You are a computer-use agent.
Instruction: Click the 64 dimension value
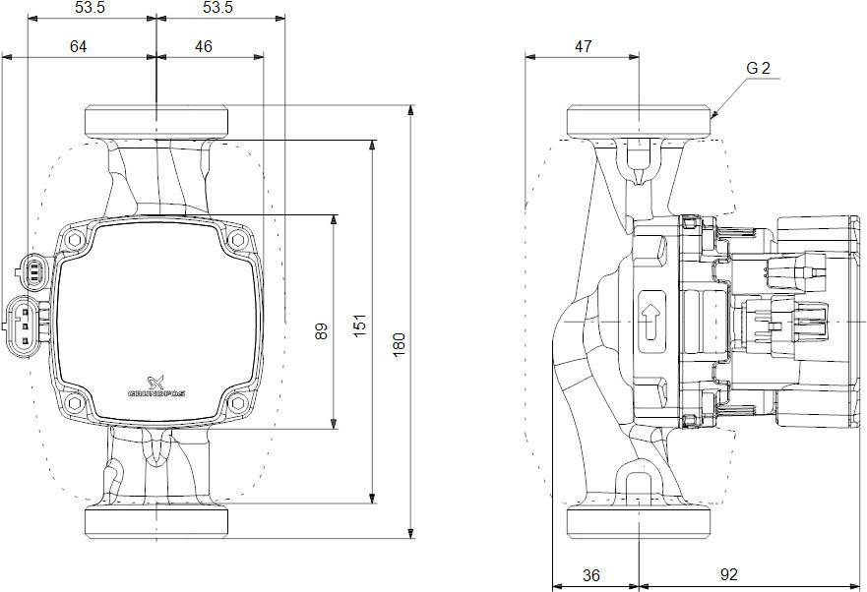(x=79, y=46)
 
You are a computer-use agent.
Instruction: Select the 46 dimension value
(x=203, y=46)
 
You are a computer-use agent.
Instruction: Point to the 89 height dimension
(x=322, y=331)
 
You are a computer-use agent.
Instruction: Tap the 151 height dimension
(x=360, y=324)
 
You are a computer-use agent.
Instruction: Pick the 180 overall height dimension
(x=399, y=343)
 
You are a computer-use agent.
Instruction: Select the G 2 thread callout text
(x=758, y=69)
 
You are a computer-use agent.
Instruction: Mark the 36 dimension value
(x=591, y=574)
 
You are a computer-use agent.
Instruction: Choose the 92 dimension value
(x=729, y=574)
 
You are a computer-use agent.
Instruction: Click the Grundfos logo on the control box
(x=157, y=385)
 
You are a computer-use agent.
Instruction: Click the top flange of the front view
(x=156, y=122)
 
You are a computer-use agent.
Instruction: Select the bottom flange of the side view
(x=640, y=521)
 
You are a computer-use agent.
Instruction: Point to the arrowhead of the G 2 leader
(x=712, y=117)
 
